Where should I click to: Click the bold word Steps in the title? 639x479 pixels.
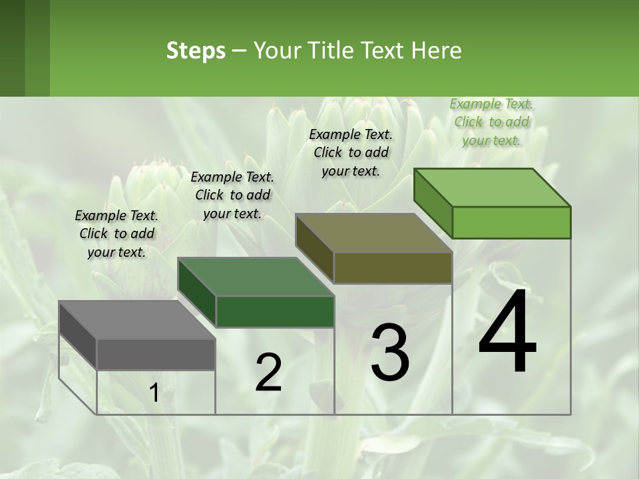coord(196,51)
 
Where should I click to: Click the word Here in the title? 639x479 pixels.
coord(437,51)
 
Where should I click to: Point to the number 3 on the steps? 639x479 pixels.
coord(390,353)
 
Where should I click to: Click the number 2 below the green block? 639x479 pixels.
coord(268,373)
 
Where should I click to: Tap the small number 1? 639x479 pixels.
coord(154,393)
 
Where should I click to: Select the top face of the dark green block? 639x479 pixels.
coord(256,277)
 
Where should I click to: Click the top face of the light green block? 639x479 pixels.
coord(493,187)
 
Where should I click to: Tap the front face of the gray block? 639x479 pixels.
coord(156,355)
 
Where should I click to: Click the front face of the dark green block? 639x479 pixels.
coord(275,311)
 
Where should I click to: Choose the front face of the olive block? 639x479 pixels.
coord(393,268)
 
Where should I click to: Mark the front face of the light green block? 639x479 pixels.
coord(511,222)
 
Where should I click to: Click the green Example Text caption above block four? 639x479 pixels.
coord(491,122)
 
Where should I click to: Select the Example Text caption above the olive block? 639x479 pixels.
coord(351,152)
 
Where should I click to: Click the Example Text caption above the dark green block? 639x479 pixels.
coord(232,195)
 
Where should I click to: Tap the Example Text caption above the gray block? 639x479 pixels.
coord(116,234)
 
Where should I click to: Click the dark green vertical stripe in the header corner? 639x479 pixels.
coord(13,48)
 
